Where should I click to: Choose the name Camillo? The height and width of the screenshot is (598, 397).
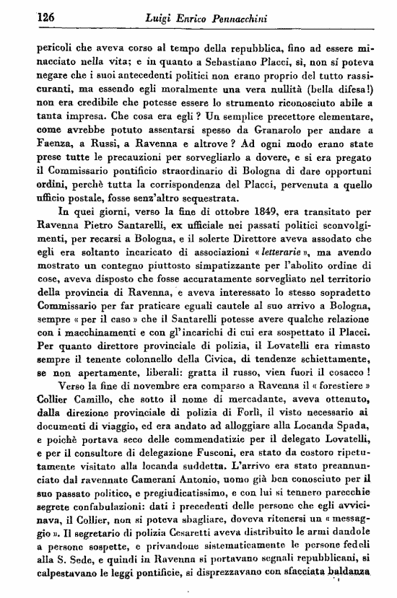(x=87, y=403)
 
